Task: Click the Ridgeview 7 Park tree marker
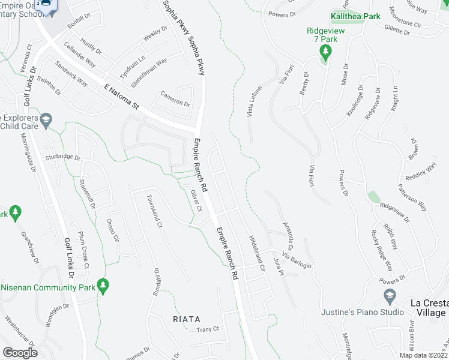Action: [x=326, y=52]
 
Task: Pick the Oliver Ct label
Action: [x=195, y=201]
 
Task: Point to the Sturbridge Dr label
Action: [x=62, y=157]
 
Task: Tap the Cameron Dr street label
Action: [x=175, y=98]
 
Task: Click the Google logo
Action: [x=20, y=352]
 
